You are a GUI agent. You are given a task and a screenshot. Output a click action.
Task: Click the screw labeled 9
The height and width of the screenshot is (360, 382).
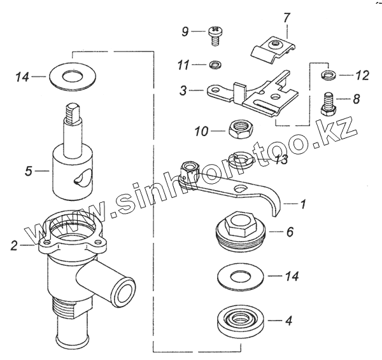click(x=215, y=36)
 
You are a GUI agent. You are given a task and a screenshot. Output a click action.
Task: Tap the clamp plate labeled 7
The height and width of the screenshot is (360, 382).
click(x=273, y=50)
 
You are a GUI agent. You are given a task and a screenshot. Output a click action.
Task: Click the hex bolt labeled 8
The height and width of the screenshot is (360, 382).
click(x=329, y=104)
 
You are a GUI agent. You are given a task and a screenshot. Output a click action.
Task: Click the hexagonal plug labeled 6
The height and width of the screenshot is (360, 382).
click(x=241, y=232)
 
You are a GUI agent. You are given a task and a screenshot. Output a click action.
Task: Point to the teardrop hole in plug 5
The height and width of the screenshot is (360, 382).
click(x=83, y=178)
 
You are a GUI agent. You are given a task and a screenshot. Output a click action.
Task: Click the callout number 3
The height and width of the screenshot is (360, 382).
click(x=183, y=91)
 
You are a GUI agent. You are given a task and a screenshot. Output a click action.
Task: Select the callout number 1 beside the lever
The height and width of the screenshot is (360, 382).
click(x=303, y=204)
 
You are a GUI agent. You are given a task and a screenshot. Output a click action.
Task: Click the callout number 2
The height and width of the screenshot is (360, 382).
click(x=15, y=246)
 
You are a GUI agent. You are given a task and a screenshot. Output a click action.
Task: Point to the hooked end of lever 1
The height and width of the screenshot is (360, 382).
click(x=275, y=205)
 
